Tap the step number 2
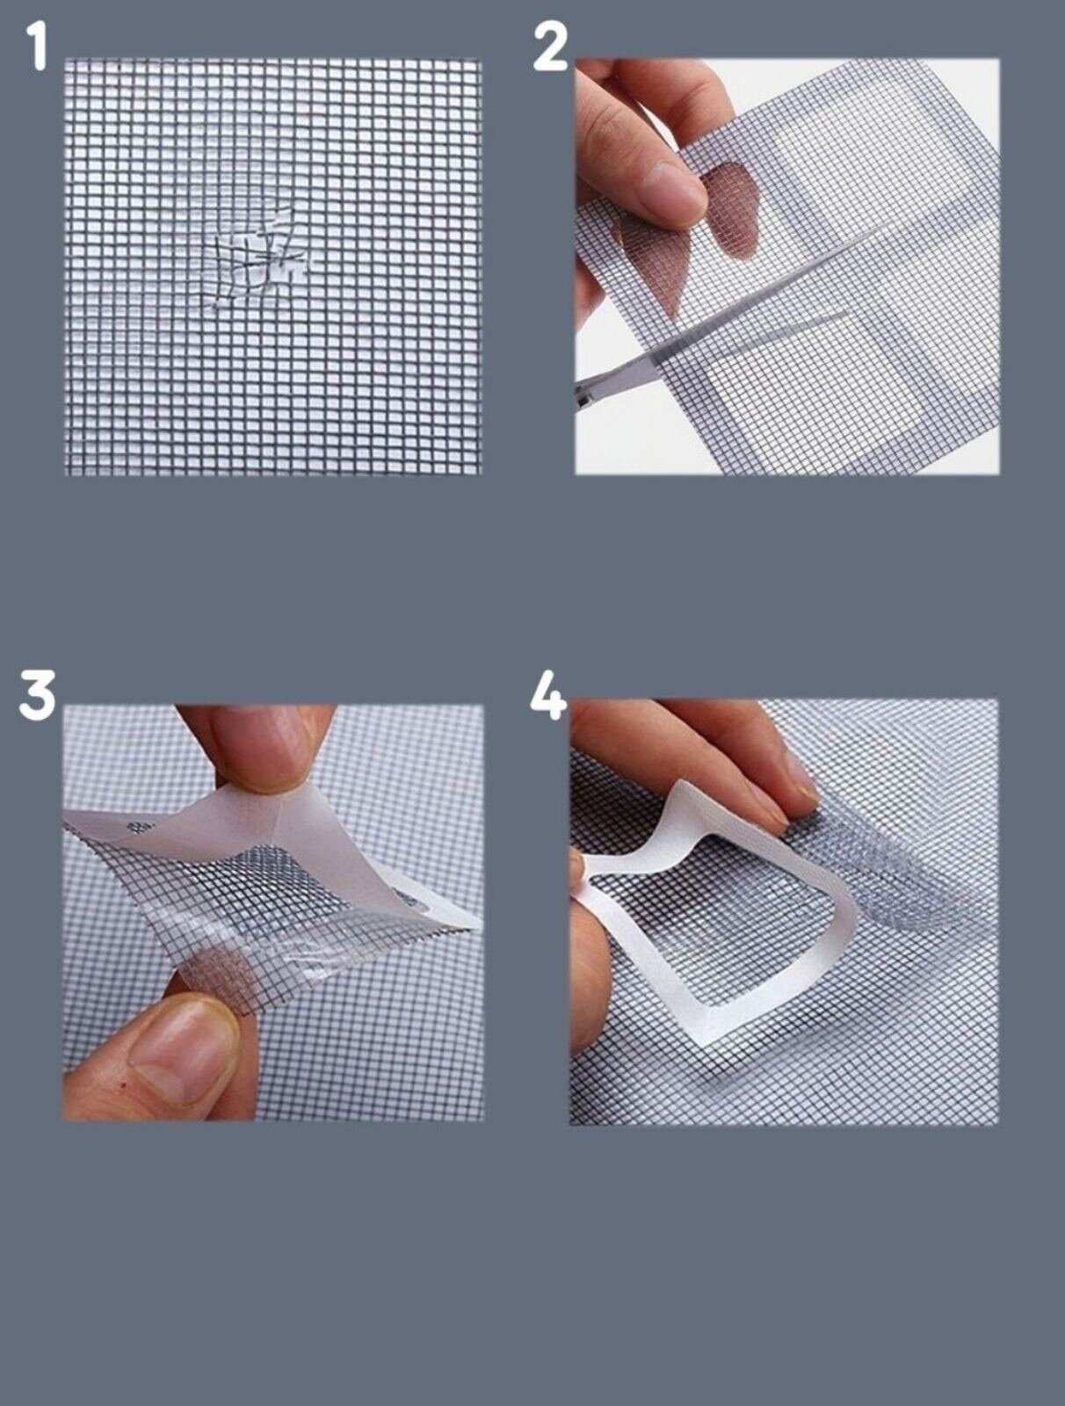(x=550, y=47)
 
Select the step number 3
(x=37, y=697)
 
